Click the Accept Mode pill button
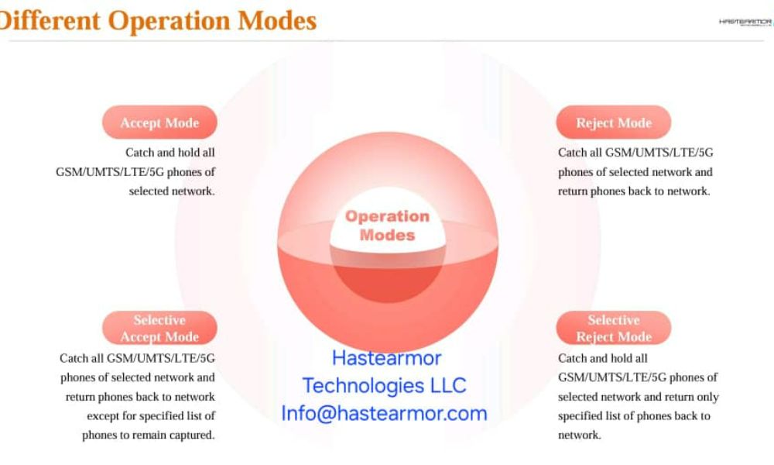point(159,122)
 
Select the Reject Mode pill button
point(614,122)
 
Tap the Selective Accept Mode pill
point(159,328)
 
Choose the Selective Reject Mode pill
point(614,328)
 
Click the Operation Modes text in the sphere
point(388,226)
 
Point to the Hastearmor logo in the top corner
point(746,22)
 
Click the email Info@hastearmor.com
point(384,414)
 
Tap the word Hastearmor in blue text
point(386,358)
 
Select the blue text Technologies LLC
point(384,385)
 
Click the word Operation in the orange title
point(169,21)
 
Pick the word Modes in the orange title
point(277,21)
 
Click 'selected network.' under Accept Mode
point(172,191)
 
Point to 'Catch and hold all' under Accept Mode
point(170,152)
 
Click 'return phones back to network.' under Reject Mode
point(634,191)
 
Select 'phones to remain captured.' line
point(148,436)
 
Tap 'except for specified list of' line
point(151,416)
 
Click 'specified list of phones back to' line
point(634,416)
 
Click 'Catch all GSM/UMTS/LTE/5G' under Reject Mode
point(635,152)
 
